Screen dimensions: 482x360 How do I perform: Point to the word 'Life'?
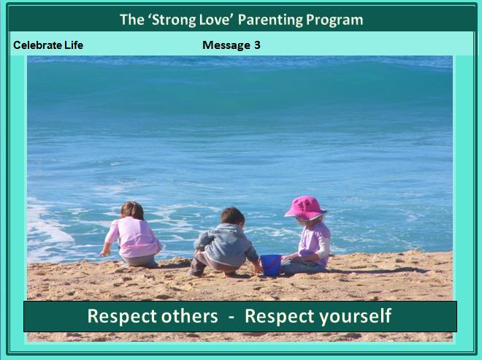coord(74,45)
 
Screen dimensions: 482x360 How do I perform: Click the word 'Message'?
coord(226,45)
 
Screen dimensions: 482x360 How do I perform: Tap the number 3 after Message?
coord(257,45)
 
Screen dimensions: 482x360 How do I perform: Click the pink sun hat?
coord(305,208)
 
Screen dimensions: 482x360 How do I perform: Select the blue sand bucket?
coord(271,265)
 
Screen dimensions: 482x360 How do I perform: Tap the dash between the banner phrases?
coord(232,317)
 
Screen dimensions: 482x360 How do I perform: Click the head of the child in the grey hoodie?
coord(233,216)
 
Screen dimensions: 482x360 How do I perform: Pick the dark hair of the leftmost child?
coord(132,210)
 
